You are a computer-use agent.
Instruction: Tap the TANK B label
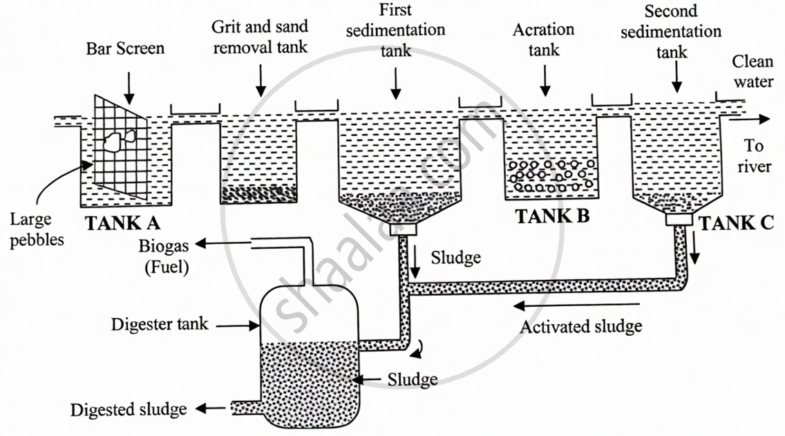tap(552, 216)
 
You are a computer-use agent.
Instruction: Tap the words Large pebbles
tap(34, 231)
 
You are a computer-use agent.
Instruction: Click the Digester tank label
tap(158, 323)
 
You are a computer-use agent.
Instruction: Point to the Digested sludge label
tap(129, 409)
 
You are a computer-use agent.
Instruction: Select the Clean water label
tap(753, 72)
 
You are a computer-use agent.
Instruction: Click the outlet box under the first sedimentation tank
tap(401, 226)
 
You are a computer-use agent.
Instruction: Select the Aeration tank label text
tap(544, 40)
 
